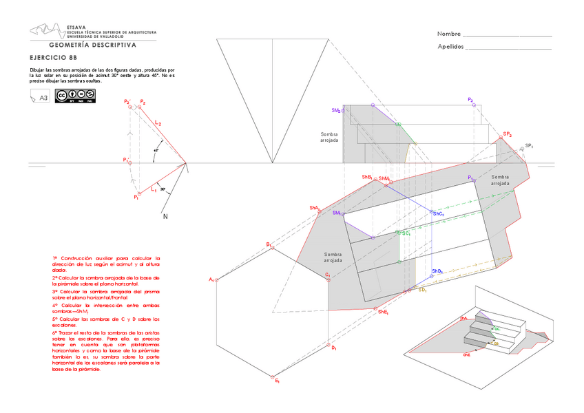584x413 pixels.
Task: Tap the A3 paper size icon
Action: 40,97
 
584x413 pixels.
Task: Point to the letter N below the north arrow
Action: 165,217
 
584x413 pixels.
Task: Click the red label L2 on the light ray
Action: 158,123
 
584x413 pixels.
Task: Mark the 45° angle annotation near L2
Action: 156,149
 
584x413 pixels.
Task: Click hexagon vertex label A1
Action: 211,279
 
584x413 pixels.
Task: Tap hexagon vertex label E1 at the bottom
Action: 277,381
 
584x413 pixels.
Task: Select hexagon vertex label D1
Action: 334,348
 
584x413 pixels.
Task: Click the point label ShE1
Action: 384,312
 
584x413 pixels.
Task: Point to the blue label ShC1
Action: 439,214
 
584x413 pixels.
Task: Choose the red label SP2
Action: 508,134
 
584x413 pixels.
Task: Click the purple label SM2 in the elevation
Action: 336,110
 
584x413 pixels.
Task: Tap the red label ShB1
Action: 367,177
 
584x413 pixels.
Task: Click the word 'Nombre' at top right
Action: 448,34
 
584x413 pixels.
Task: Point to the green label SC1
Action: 406,233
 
